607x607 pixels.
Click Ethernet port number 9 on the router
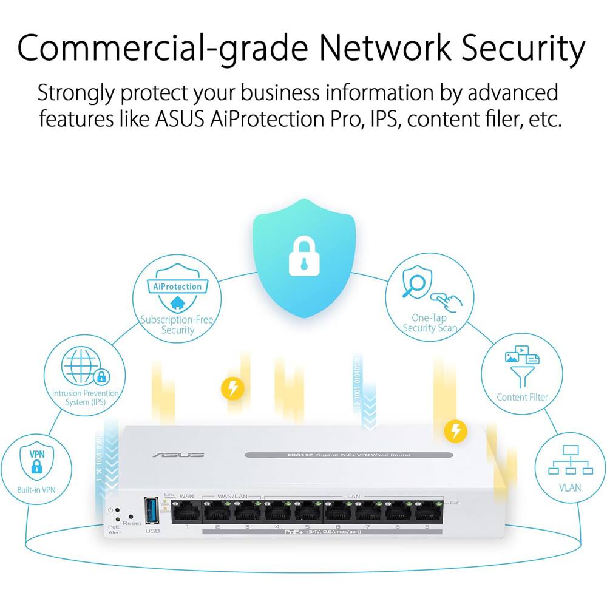coord(427,513)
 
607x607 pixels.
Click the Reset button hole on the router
coord(131,516)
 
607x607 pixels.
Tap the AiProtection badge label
coord(177,287)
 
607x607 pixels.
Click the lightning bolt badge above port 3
coord(232,388)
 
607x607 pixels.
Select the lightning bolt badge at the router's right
coord(456,431)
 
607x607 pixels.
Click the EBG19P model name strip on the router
coord(348,455)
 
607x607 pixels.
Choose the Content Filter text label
coord(522,397)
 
